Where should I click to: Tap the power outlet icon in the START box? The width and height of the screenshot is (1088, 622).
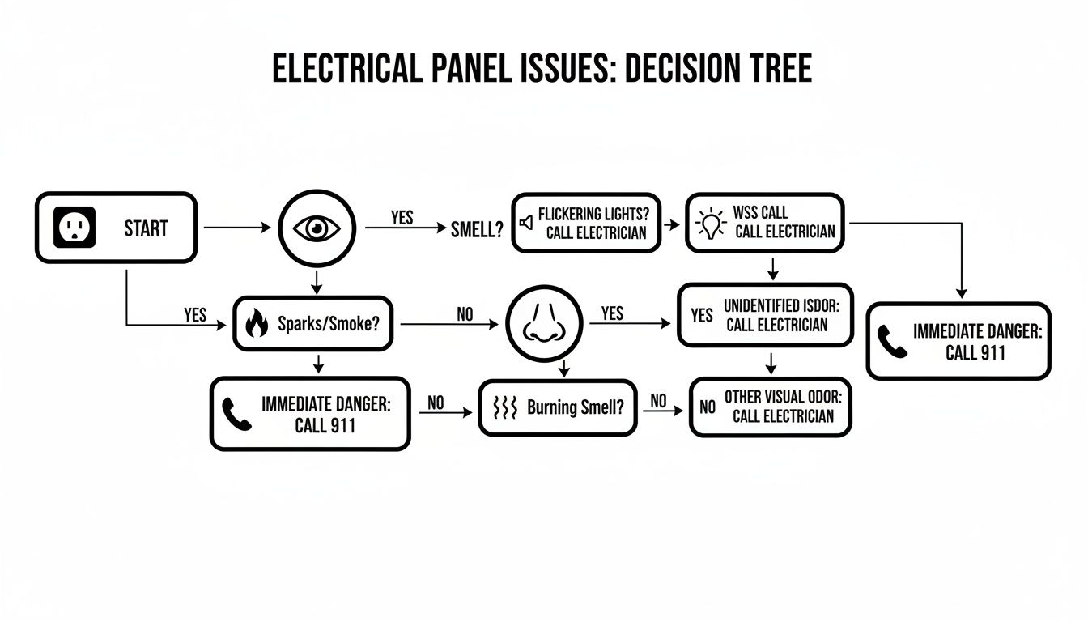pyautogui.click(x=74, y=228)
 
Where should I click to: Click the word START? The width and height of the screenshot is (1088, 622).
pyautogui.click(x=146, y=228)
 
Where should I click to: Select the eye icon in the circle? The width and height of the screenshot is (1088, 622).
pyautogui.click(x=317, y=228)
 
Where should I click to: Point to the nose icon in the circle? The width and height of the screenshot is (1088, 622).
pyautogui.click(x=544, y=325)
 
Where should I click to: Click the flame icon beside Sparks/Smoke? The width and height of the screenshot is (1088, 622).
pyautogui.click(x=256, y=324)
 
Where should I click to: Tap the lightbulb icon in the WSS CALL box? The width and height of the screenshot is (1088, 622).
pyautogui.click(x=711, y=223)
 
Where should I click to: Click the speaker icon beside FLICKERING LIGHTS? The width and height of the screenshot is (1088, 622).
pyautogui.click(x=526, y=222)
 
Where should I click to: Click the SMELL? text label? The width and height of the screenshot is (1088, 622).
pyautogui.click(x=477, y=230)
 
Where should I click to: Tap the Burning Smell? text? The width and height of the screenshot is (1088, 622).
pyautogui.click(x=576, y=407)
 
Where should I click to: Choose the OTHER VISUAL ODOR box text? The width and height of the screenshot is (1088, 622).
pyautogui.click(x=783, y=407)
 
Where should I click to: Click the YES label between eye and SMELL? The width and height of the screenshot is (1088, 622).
pyautogui.click(x=402, y=218)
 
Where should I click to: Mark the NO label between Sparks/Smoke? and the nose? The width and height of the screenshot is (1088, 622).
pyautogui.click(x=465, y=313)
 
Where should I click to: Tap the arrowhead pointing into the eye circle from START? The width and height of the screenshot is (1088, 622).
pyautogui.click(x=267, y=228)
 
